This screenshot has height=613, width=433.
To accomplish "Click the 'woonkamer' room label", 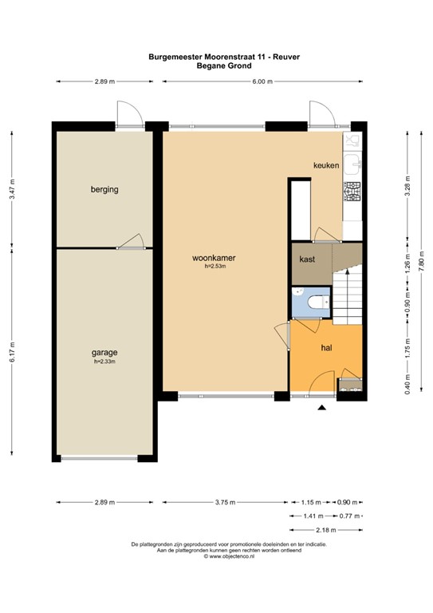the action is (214, 258).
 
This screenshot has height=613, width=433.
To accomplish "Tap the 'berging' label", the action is (104, 190).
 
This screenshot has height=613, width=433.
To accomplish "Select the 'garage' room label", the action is (104, 353).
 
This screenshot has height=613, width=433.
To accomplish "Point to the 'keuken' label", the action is (326, 165).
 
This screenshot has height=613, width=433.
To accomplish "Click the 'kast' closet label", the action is (307, 259).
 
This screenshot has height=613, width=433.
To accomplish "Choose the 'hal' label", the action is (326, 347).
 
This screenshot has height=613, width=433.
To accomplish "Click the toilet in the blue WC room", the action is (319, 302).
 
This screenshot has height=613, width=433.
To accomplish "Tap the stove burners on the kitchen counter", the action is (352, 192).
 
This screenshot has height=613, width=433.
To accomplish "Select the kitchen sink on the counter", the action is (352, 164).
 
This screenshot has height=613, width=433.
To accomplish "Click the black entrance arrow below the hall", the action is (321, 408).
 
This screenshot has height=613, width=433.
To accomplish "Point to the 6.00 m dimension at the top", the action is (262, 81).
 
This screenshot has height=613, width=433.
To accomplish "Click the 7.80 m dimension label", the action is (421, 261).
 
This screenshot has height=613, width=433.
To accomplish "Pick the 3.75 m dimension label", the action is (226, 502).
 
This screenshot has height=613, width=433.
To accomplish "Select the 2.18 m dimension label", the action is (325, 530).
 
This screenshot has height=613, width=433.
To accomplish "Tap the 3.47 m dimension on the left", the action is (12, 189).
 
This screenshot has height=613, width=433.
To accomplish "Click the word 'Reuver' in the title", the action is (286, 57).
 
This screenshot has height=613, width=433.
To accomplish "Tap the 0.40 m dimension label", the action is (407, 384).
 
